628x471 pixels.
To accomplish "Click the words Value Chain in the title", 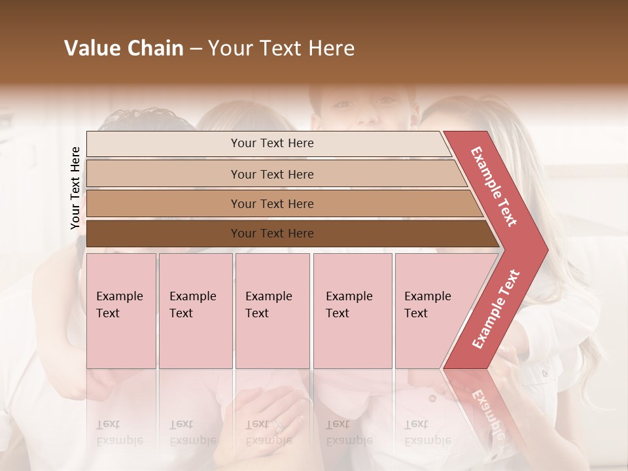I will (124, 48).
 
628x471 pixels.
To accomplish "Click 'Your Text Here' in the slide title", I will (281, 48).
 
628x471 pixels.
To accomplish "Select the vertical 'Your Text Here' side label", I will (75, 188).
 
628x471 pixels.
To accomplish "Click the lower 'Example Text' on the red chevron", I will (496, 309).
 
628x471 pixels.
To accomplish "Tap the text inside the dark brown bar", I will (272, 234).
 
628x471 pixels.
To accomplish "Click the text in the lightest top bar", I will (272, 143).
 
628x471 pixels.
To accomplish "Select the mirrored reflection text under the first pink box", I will (119, 432).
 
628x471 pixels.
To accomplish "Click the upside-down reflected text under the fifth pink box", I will (427, 432).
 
